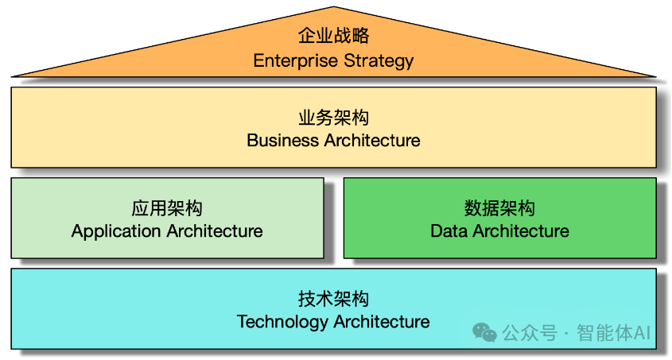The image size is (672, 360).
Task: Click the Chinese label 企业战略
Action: pos(333,36)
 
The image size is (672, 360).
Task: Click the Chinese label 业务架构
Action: pos(333,118)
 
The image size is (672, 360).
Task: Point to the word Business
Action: pos(282,141)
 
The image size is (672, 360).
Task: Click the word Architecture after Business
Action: pos(371,141)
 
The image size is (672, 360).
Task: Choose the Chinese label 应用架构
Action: pos(167,208)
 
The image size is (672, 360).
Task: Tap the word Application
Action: pos(116,231)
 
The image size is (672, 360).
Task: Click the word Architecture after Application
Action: pos(214,231)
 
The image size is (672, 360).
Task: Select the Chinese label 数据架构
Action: pos(499,208)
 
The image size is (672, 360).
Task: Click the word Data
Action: pos(449,231)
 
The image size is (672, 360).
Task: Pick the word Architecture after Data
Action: pos(520,231)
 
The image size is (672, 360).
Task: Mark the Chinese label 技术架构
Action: pos(333,300)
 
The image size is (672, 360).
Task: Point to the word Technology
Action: pos(282,322)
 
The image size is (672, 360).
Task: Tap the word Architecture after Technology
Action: pos(382,322)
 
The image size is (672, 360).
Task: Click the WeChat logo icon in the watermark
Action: pos(484,332)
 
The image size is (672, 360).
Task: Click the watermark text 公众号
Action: pos(529,333)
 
